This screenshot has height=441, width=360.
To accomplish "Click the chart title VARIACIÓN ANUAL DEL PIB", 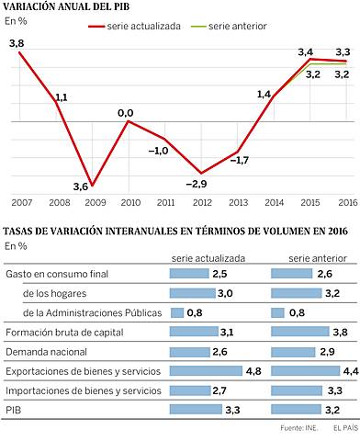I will (x=66, y=8).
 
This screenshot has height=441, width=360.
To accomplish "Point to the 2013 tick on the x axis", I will (x=237, y=202).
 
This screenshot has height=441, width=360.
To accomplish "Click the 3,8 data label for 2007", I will (x=16, y=43).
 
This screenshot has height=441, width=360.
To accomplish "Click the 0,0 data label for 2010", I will (x=125, y=112).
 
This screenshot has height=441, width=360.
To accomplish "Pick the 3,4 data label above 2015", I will (x=306, y=51).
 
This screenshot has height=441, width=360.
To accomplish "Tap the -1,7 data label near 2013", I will (x=239, y=161).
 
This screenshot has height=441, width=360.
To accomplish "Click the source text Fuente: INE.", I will (x=298, y=428).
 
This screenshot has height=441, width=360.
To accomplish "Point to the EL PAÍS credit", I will (x=343, y=428).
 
